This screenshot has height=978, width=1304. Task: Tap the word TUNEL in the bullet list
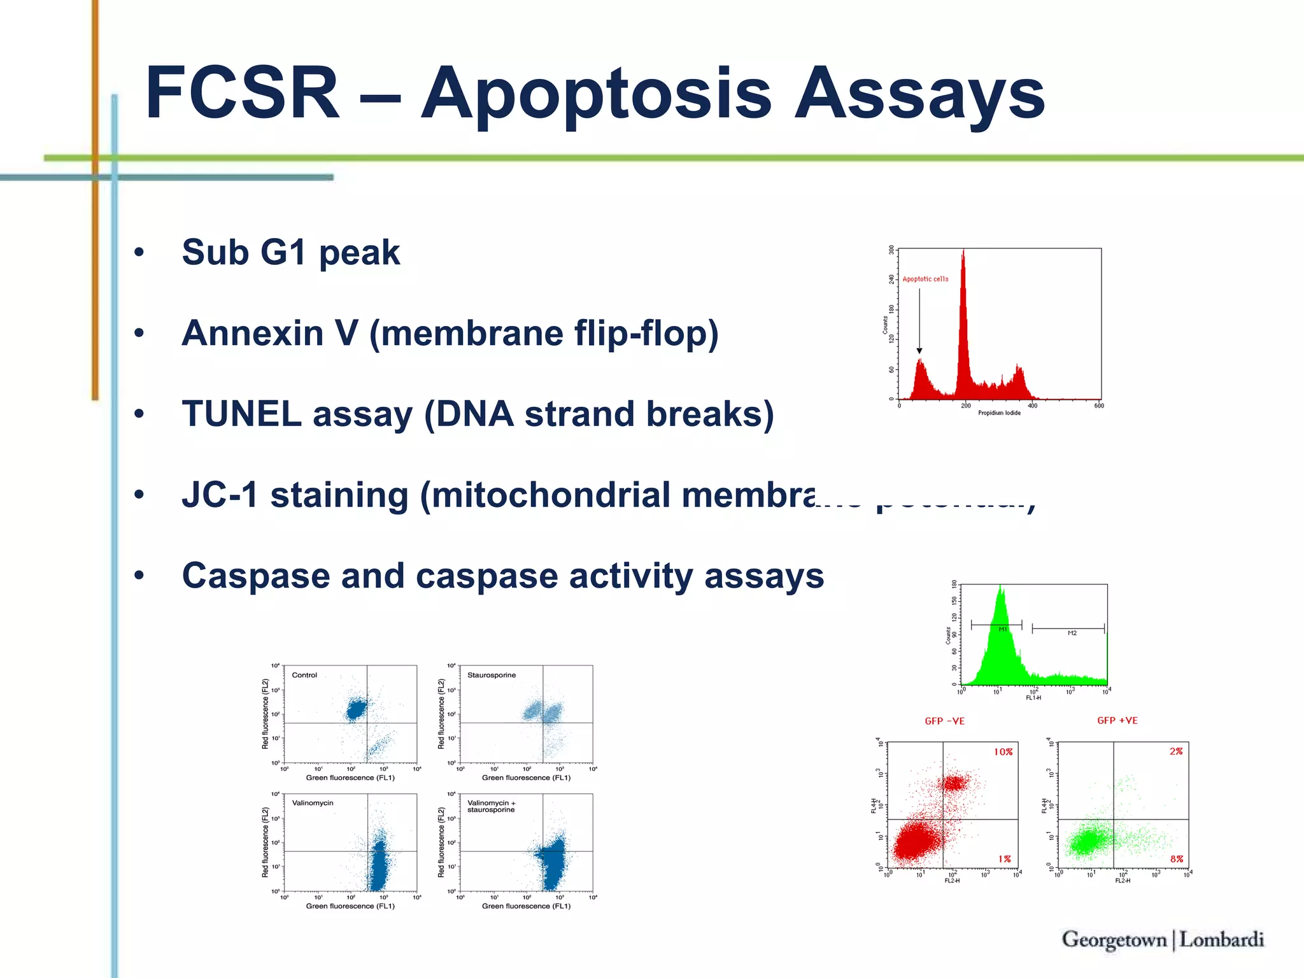(241, 414)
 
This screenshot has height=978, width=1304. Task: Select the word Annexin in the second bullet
(253, 333)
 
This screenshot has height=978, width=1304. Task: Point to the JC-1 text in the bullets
(220, 495)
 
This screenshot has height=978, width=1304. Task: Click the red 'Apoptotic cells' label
(925, 279)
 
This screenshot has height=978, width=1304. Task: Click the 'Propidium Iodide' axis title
(999, 413)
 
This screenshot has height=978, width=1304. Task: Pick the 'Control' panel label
(304, 675)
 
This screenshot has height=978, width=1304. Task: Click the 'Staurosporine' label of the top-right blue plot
(492, 675)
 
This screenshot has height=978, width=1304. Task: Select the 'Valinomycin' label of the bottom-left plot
(313, 803)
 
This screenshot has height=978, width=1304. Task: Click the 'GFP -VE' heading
(945, 721)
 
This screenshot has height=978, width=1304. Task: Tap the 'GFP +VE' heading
(1117, 721)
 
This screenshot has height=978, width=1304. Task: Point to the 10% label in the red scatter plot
(1003, 752)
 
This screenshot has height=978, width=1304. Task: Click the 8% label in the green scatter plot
(1176, 859)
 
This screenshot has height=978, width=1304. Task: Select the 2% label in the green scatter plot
(1175, 751)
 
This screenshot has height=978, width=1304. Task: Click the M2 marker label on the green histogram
(1072, 633)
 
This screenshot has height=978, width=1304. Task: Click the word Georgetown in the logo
(1114, 940)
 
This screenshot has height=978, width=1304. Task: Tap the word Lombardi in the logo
(1221, 940)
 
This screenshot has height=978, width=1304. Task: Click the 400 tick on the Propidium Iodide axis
(1032, 406)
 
